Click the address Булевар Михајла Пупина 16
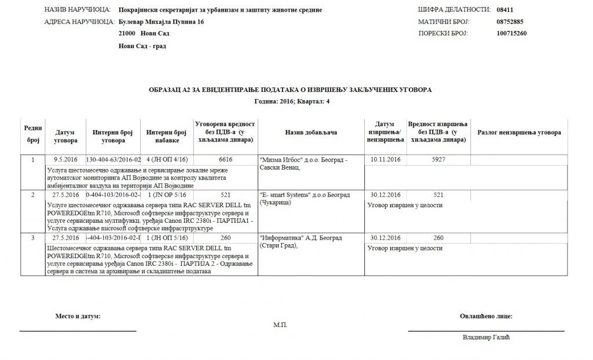coord(160,22)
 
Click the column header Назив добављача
coord(311,133)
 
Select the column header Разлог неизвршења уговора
coord(519,133)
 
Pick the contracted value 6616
coord(225,159)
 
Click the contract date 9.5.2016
coord(65,159)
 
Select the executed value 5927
coord(438,159)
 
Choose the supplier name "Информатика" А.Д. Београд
coord(301,238)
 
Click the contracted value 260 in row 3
coord(225,238)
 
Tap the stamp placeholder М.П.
coord(280,325)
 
